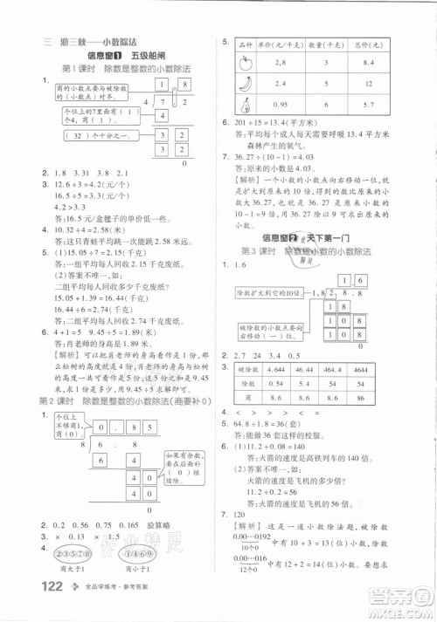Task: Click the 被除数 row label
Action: (242, 370)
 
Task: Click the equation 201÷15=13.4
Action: (265, 124)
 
